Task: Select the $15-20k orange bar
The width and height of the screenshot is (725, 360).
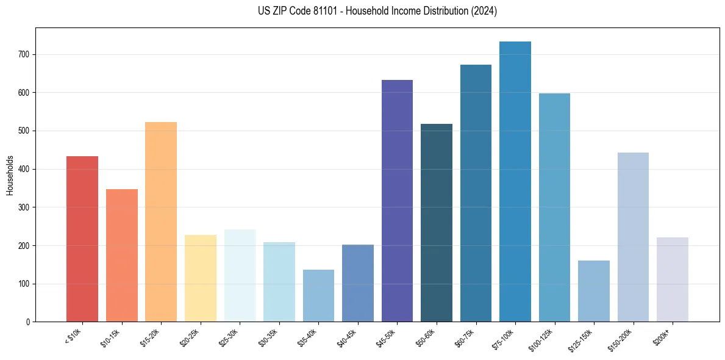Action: tap(161, 222)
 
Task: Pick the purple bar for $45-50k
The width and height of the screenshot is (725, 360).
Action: tap(397, 201)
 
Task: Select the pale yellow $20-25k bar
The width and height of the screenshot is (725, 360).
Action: tap(201, 278)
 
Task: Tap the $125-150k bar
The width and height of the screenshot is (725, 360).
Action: tap(594, 291)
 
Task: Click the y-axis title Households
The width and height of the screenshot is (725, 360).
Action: tap(10, 175)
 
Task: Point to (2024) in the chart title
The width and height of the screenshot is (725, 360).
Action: tap(485, 11)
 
